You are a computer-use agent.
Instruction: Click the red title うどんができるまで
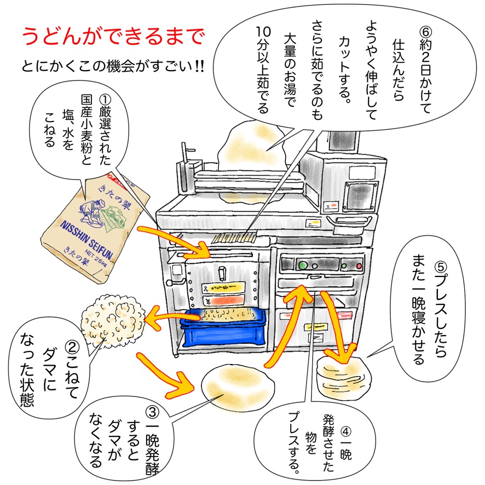point(113,37)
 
